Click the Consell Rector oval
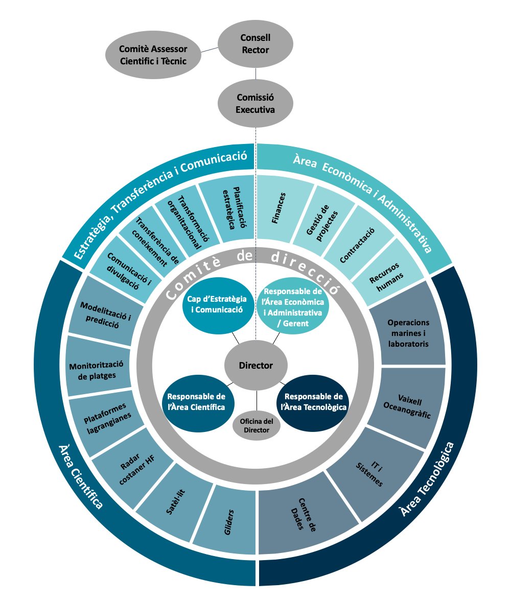255,44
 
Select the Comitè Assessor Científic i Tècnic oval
153,55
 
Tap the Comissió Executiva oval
255,104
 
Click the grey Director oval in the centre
256,365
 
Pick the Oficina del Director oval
257,426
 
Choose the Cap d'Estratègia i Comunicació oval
217,305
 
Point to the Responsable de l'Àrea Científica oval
196,402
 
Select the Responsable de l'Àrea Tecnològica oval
314,402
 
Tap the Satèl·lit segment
175,502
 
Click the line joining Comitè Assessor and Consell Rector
210,50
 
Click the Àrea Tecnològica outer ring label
427,479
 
